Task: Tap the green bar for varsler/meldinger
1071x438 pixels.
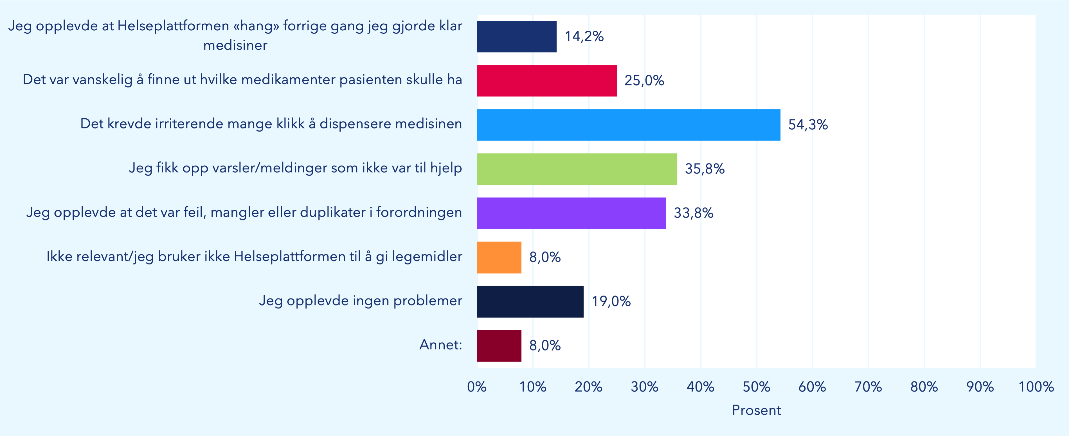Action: point(577,169)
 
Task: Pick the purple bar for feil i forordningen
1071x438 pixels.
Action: point(571,213)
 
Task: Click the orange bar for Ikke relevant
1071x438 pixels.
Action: point(499,257)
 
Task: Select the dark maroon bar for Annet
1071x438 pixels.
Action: point(499,346)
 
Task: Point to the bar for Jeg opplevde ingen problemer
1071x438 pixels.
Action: point(530,301)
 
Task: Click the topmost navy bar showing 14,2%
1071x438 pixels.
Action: point(516,37)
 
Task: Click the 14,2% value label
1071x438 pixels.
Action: point(584,37)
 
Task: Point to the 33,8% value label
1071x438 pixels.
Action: point(693,213)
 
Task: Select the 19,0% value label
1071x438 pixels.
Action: point(611,301)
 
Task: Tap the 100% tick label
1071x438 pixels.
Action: point(1036,387)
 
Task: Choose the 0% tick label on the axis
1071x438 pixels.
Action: point(476,387)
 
